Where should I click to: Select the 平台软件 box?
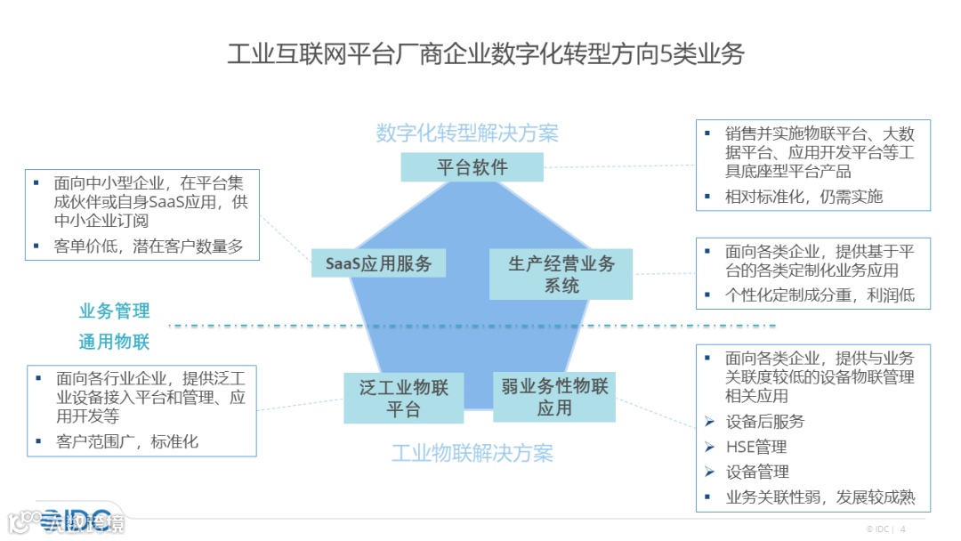472,167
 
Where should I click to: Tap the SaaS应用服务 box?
378,263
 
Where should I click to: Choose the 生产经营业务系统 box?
561,274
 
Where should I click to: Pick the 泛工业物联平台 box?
404,398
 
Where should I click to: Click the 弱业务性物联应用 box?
553,398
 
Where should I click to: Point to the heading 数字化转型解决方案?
467,133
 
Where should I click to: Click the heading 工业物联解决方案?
472,453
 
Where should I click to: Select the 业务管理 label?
115,311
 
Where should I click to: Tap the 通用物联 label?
115,342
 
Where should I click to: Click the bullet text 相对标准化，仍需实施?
804,197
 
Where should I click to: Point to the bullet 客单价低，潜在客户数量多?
148,246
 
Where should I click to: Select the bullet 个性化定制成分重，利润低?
820,295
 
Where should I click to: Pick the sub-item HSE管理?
756,447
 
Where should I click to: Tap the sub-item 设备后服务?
764,421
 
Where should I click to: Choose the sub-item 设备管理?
757,472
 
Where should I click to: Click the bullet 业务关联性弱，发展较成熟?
820,497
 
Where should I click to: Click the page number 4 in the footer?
903,529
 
